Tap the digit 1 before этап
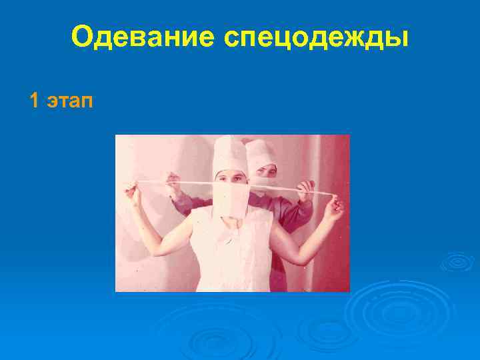tap(34, 101)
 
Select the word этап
tap(70, 101)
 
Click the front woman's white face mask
tap(231, 198)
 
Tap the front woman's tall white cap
tap(230, 155)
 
